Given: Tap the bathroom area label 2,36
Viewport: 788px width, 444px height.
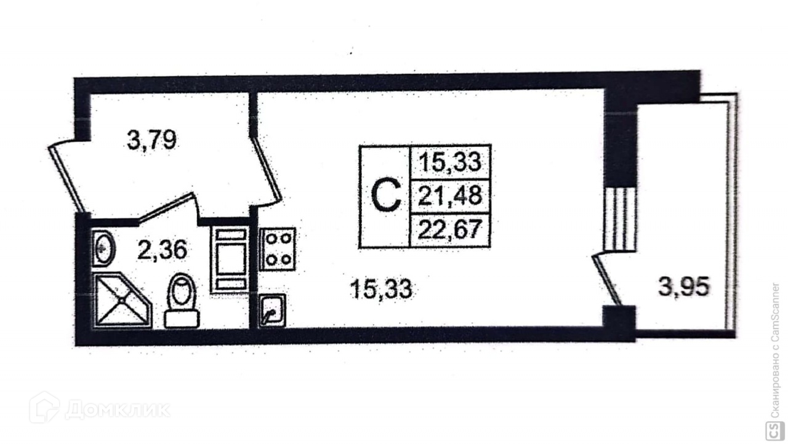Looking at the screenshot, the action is coord(162,250).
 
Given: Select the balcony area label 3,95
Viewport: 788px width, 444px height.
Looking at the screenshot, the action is coord(684,287).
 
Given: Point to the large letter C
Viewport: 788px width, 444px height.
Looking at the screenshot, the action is coord(386,196).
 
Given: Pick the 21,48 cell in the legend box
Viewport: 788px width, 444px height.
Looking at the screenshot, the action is coord(450,197).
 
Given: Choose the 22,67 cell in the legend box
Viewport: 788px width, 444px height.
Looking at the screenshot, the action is coord(450,231).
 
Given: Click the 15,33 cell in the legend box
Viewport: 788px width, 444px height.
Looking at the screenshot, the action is coord(450,162).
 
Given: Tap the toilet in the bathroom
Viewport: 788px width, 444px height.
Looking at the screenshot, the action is coord(182,301).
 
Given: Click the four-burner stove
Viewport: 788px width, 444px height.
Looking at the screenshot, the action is coord(278,249).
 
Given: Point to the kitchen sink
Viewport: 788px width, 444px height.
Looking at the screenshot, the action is coord(271,310).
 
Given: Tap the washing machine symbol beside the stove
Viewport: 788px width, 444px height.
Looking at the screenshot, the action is coord(229,259).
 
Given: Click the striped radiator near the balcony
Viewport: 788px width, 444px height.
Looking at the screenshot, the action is coord(619,218).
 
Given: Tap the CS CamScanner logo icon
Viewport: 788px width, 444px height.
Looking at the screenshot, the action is coord(772,429).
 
